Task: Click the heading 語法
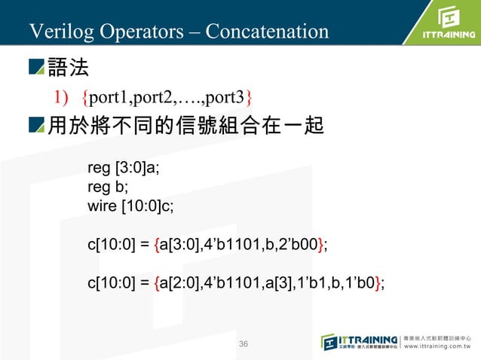click(69, 69)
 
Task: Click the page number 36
click(243, 344)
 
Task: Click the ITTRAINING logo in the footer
click(360, 341)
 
